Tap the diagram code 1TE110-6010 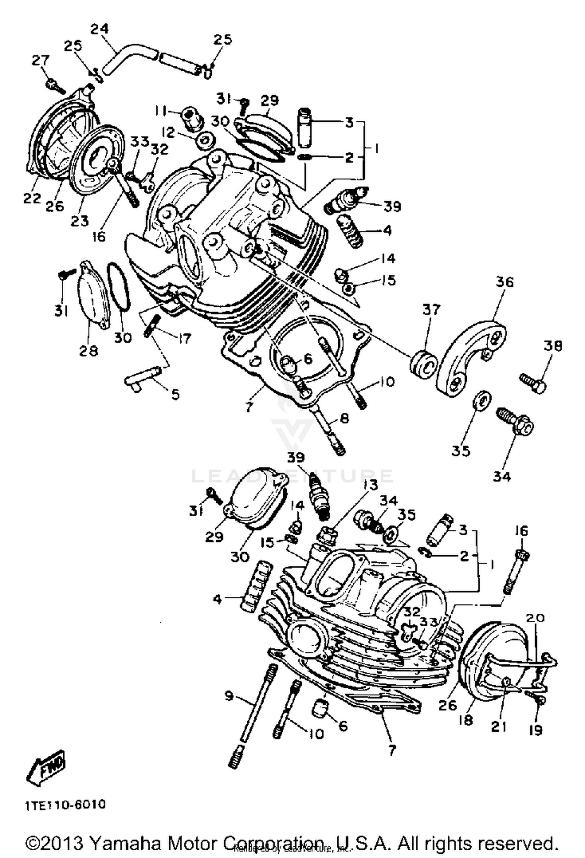[x=66, y=805]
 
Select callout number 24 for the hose [x=99, y=29]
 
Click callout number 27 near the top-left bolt [x=41, y=60]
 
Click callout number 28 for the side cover [x=89, y=350]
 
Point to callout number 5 [x=175, y=394]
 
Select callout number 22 [x=32, y=198]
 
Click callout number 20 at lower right [x=535, y=618]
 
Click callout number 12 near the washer [x=168, y=133]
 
